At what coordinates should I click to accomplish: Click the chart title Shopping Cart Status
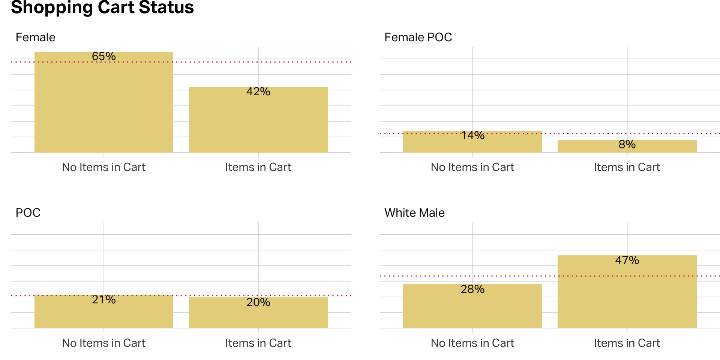click(102, 7)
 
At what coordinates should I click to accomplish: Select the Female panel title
click(35, 37)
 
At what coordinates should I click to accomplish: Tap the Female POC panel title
click(418, 37)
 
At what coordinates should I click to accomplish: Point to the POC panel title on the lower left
click(28, 213)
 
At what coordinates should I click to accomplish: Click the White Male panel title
click(414, 213)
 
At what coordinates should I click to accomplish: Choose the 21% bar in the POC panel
click(104, 315)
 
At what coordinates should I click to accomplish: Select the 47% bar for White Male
click(627, 296)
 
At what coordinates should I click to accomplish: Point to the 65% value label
click(104, 56)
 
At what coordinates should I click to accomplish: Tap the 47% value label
click(627, 260)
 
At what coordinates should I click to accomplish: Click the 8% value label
click(627, 144)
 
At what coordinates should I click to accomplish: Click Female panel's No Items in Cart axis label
click(103, 167)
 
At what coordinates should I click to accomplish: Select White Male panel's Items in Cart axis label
click(627, 343)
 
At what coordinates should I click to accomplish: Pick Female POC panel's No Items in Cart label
click(472, 167)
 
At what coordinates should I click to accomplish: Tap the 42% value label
click(258, 91)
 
